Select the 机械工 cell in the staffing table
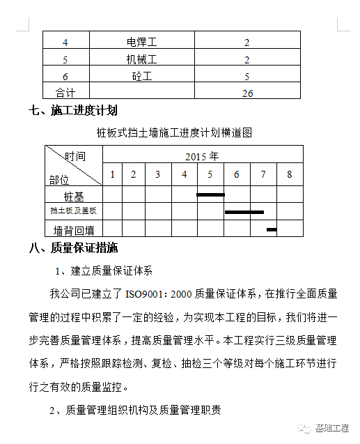point(142,59)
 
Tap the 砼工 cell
point(142,76)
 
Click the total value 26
point(247,93)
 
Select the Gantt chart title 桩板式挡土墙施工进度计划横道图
point(174,131)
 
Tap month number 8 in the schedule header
point(290,174)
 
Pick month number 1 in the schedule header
point(113,174)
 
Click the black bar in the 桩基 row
point(210,194)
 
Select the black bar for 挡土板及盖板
point(244,211)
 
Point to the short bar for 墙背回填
point(272,229)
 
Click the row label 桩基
point(73,196)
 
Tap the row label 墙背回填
point(73,229)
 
